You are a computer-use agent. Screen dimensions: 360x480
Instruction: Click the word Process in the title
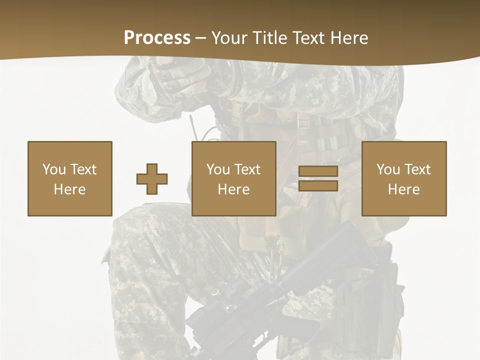tap(157, 38)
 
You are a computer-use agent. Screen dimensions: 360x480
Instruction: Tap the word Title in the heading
tap(268, 38)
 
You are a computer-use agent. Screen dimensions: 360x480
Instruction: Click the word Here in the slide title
tap(349, 38)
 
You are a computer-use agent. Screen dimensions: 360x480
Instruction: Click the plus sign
tap(152, 179)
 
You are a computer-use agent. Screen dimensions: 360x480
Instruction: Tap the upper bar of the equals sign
tap(318, 171)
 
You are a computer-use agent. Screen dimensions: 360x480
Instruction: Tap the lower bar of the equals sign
tap(318, 186)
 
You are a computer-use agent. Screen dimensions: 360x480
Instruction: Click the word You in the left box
tap(53, 169)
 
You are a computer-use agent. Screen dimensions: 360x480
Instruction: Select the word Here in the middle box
tap(233, 189)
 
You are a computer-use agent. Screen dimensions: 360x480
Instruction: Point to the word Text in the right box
tap(418, 169)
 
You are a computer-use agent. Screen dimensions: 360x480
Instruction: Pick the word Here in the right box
tap(403, 189)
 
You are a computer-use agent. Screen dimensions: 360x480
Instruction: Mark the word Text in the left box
tap(83, 169)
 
